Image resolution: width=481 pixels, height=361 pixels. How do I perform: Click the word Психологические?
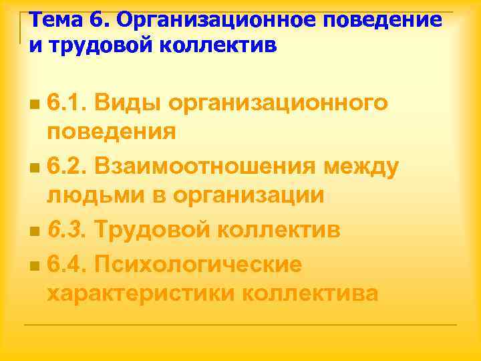[198, 264]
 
